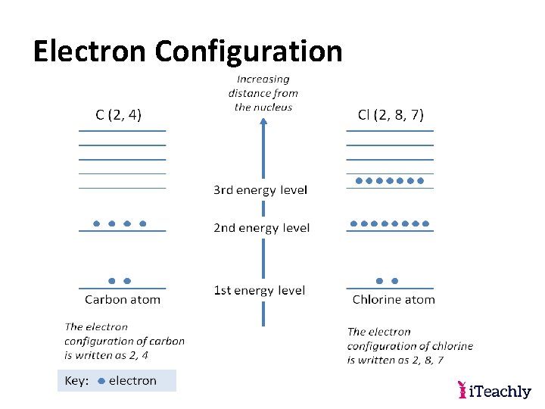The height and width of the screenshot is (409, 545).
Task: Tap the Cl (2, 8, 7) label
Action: coord(391,115)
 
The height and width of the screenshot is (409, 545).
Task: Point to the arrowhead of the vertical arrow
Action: coord(263,126)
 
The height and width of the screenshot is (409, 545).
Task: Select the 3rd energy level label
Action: coord(260,190)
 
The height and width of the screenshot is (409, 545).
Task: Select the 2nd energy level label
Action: coord(261,228)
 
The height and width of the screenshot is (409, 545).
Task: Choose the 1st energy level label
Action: coord(259,290)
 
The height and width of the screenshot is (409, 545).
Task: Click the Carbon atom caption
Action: coord(123,299)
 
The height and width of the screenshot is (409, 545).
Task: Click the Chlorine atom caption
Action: coord(394,299)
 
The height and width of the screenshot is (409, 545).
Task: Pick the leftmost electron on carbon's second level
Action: coord(96,223)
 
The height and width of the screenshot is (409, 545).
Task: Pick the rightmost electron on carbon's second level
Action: coord(143,223)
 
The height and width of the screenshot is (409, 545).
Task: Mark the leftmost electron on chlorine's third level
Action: coord(359,181)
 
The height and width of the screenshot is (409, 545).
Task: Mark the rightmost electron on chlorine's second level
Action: coord(426,223)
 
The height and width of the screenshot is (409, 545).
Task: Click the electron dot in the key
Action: coord(101,381)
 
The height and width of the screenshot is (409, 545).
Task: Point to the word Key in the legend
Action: coord(76,381)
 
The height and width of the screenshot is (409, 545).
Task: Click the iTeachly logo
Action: coord(494,391)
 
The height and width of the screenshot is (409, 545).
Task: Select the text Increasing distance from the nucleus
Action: coord(263,93)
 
